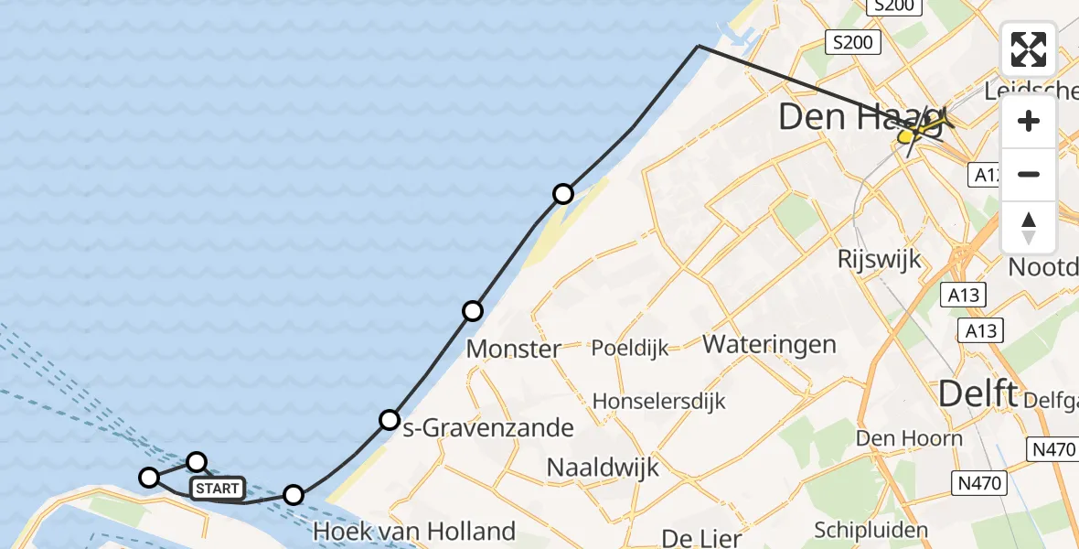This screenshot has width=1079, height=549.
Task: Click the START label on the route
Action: (x=217, y=489)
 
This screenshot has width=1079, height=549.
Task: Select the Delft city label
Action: (x=978, y=394)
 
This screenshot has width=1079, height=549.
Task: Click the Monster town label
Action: (x=513, y=349)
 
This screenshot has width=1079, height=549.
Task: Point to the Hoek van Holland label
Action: (x=414, y=531)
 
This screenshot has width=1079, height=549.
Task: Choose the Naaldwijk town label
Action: (x=603, y=467)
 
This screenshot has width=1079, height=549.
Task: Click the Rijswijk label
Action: (x=880, y=259)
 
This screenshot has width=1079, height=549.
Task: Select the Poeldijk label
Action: (x=630, y=348)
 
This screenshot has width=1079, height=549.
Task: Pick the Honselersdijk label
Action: (x=658, y=401)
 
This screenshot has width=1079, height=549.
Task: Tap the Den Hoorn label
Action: (x=909, y=438)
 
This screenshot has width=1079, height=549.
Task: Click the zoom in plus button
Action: (x=1029, y=121)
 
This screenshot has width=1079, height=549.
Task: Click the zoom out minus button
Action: (x=1029, y=174)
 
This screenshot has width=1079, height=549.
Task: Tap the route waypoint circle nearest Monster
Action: (x=472, y=311)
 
